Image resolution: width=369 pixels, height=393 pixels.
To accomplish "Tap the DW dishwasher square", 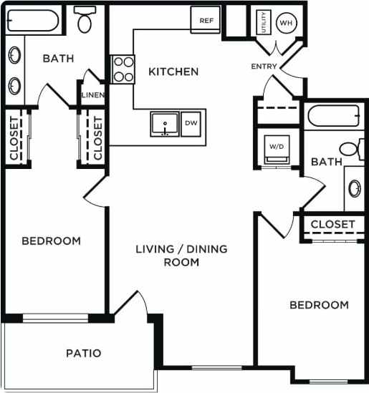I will click(x=191, y=123).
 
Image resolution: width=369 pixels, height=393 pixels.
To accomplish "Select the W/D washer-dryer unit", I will click(x=277, y=148).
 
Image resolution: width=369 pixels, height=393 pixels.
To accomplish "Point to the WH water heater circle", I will click(x=287, y=22).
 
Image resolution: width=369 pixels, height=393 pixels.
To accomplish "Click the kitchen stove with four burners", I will click(x=123, y=69).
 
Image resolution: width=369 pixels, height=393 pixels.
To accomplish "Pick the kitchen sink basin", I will click(x=166, y=124).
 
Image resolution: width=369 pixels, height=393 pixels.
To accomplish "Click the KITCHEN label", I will click(x=173, y=72).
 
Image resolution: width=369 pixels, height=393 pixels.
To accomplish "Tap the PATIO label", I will click(x=83, y=353).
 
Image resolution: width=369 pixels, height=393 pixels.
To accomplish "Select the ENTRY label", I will click(x=263, y=67).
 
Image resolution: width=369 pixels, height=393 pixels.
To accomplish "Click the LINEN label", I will click(x=92, y=95).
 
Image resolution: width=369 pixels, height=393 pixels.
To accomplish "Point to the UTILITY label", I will click(x=264, y=22).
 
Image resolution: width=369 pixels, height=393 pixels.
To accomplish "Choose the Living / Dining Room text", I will click(x=181, y=256).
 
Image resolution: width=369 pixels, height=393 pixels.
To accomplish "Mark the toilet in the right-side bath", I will click(x=352, y=150).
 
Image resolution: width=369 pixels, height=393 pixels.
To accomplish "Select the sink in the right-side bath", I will click(x=355, y=188).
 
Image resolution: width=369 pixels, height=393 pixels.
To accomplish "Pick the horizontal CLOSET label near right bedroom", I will click(x=332, y=224).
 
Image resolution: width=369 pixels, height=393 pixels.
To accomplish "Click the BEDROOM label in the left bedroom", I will click(x=51, y=241).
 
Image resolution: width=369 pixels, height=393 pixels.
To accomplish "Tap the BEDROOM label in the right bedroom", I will click(x=319, y=305).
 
